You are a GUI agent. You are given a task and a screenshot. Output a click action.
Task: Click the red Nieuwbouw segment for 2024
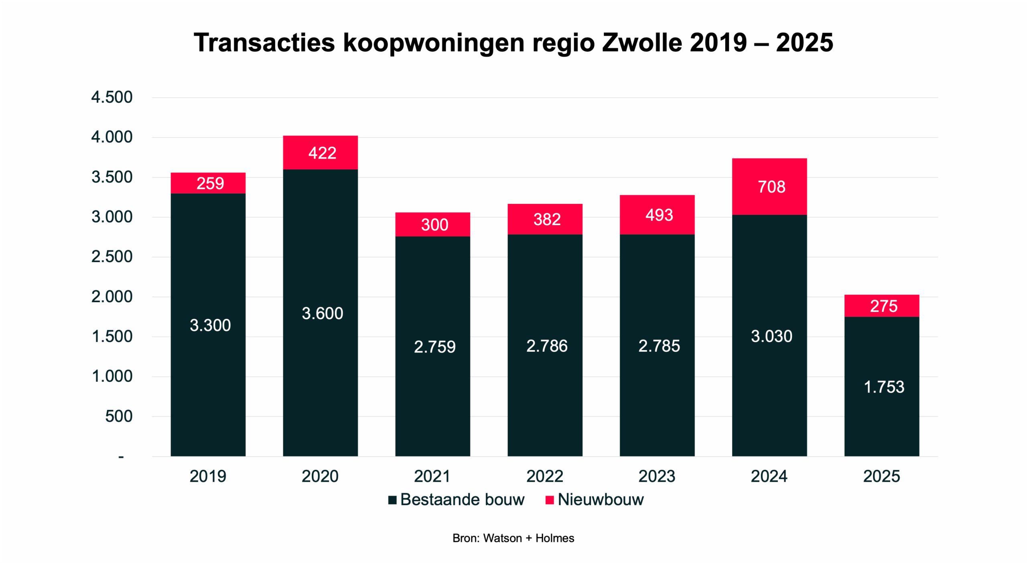pyautogui.click(x=769, y=187)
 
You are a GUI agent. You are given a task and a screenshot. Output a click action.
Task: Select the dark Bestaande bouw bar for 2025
pyautogui.click(x=881, y=386)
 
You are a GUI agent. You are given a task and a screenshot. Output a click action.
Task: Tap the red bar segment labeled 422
pyautogui.click(x=320, y=153)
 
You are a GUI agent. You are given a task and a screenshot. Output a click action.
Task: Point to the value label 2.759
pyautogui.click(x=434, y=347)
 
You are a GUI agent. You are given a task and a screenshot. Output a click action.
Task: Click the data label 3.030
pyautogui.click(x=771, y=336)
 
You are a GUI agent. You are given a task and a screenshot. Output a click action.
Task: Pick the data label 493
pyautogui.click(x=659, y=215)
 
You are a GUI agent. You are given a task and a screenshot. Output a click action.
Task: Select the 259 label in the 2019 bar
pyautogui.click(x=210, y=183)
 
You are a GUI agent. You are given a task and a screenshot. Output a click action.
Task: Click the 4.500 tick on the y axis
pyautogui.click(x=112, y=97)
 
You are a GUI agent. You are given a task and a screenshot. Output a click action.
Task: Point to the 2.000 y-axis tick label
pyautogui.click(x=112, y=297)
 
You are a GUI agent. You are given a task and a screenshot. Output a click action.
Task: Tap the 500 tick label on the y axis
pyautogui.click(x=119, y=416)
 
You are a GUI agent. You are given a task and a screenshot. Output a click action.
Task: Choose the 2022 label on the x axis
pyautogui.click(x=544, y=476)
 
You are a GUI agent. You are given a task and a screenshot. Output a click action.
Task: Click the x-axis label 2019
pyautogui.click(x=208, y=476)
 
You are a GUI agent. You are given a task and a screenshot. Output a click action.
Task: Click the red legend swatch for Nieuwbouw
pyautogui.click(x=550, y=500)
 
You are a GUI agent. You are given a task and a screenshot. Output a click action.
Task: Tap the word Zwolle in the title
pyautogui.click(x=642, y=43)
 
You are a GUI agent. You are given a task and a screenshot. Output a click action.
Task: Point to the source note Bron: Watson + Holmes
pyautogui.click(x=513, y=538)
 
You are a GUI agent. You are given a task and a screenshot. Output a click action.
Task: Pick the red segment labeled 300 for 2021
pyautogui.click(x=432, y=224)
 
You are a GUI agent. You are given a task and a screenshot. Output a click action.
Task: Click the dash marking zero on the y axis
pyautogui.click(x=121, y=457)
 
